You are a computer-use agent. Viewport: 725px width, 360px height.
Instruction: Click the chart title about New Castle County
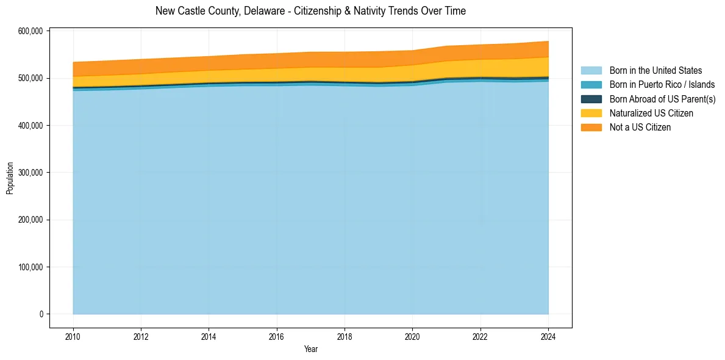coord(310,11)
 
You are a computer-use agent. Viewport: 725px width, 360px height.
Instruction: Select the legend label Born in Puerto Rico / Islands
coord(662,85)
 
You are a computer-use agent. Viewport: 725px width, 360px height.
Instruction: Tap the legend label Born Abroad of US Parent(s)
coord(662,99)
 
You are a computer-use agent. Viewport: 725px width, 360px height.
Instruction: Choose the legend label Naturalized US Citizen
coord(651,113)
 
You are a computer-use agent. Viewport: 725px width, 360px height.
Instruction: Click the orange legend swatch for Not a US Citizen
coord(591,127)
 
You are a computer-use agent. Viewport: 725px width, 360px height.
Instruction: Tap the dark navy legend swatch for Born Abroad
coord(591,99)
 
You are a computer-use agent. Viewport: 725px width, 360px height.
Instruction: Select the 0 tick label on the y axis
coord(41,314)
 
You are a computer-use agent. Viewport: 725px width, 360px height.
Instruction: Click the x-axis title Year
coord(310,349)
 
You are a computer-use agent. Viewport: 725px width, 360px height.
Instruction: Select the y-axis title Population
coord(10,178)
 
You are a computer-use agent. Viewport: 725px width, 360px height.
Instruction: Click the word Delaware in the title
coord(262,11)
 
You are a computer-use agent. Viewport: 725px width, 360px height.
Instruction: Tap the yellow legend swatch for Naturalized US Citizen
coord(591,113)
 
